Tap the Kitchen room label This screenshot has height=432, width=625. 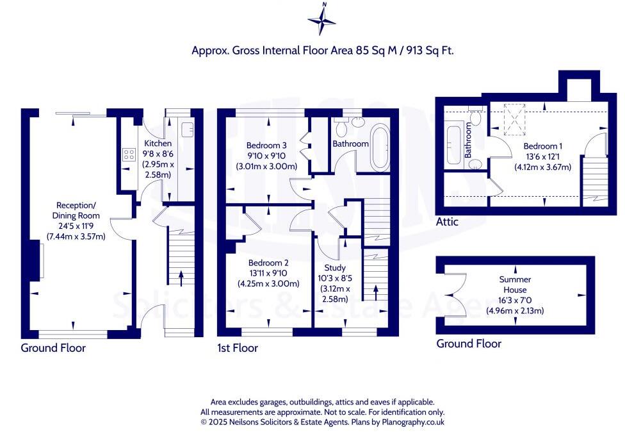(157, 143)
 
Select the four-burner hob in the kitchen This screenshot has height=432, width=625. (129, 154)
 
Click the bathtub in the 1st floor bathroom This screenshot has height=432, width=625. (380, 147)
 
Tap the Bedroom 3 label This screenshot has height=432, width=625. (266, 145)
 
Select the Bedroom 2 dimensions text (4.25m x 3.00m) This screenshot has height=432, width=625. (268, 283)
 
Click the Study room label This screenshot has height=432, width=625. (335, 267)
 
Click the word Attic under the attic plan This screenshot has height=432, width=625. (451, 222)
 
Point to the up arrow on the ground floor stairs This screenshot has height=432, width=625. (182, 278)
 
